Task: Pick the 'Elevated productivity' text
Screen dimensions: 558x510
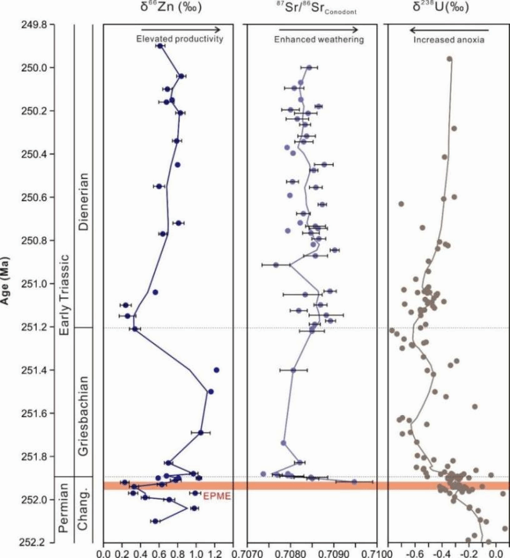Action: pos(179,39)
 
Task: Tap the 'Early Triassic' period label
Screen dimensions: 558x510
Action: pos(64,293)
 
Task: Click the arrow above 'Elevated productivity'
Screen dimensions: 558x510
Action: pos(181,29)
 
